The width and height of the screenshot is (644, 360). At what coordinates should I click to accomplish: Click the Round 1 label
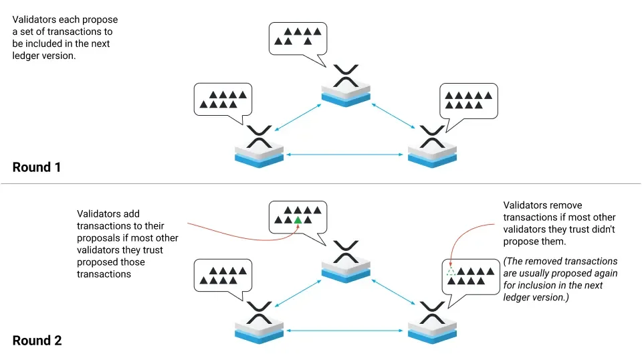click(37, 167)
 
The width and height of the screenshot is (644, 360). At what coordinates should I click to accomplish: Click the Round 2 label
click(37, 341)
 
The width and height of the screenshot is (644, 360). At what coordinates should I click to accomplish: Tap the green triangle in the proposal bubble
click(298, 219)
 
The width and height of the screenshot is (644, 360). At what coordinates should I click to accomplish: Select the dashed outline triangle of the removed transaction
click(451, 271)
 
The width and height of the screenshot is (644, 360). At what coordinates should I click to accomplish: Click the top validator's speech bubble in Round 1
click(298, 38)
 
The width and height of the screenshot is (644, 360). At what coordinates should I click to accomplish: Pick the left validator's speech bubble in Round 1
click(223, 100)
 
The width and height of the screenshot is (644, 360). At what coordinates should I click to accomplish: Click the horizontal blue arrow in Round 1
click(346, 155)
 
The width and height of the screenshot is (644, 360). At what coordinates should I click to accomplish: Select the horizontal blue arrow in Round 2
click(346, 330)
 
